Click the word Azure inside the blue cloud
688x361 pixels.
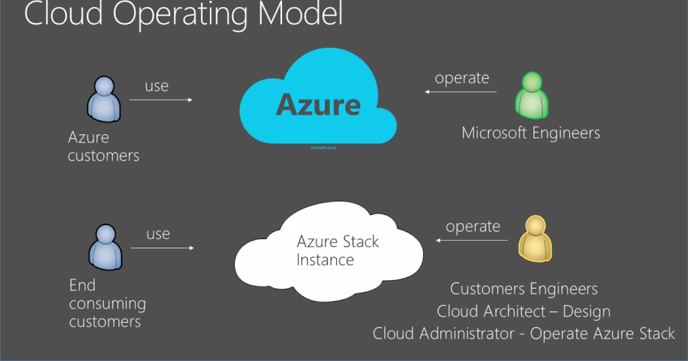pyautogui.click(x=318, y=105)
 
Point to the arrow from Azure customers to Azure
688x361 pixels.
pyautogui.click(x=161, y=100)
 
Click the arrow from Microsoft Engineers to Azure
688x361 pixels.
pyautogui.click(x=460, y=92)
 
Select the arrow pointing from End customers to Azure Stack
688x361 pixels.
pyautogui.click(x=162, y=248)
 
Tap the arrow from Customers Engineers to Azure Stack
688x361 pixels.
pyautogui.click(x=471, y=240)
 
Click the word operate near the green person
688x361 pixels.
pyautogui.click(x=462, y=78)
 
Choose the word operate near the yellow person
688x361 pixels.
pyautogui.click(x=473, y=226)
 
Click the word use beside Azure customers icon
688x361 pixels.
pyautogui.click(x=157, y=86)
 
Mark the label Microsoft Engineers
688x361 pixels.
pyautogui.click(x=531, y=133)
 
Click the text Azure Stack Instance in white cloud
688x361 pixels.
pyautogui.click(x=337, y=250)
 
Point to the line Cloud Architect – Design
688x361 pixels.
pyautogui.click(x=523, y=311)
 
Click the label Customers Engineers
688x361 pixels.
pyautogui.click(x=523, y=289)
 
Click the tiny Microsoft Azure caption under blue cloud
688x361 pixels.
pyautogui.click(x=323, y=148)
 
